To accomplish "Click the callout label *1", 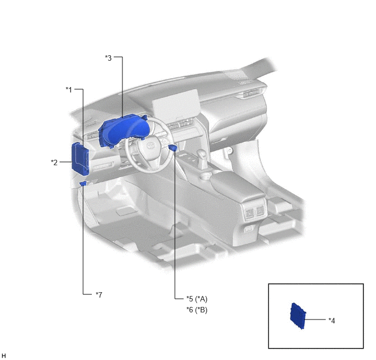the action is (69, 90).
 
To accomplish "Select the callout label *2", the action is (54, 162).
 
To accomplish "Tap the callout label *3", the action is (108, 58).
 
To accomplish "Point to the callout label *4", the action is (332, 321).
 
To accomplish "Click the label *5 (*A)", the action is (197, 299).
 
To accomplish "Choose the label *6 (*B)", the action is (197, 310).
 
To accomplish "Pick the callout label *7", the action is (99, 295).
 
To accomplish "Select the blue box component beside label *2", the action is (80, 159).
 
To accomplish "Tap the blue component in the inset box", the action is (298, 316).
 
